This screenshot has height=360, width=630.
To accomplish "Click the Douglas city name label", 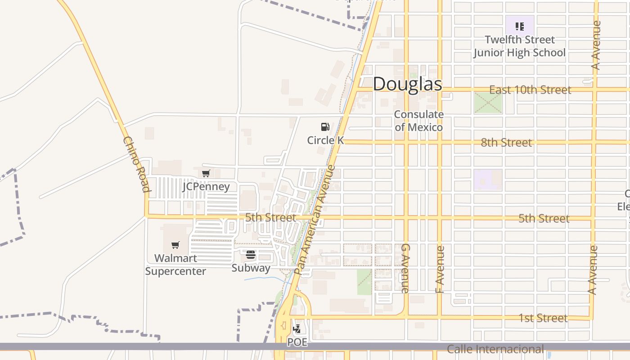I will [407, 84].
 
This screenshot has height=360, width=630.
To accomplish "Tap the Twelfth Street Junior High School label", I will [519, 46].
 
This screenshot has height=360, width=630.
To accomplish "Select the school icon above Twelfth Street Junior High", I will [520, 27].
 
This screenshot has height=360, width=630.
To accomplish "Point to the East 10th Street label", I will [530, 90].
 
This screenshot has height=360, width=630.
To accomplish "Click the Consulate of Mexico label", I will [418, 121].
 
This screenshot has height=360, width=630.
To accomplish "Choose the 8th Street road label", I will [506, 143].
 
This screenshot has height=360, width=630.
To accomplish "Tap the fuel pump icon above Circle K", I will [325, 127].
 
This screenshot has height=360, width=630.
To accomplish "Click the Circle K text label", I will [325, 140].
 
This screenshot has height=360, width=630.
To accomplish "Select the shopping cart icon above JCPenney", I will [206, 174].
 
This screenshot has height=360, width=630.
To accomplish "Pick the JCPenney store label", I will [206, 186].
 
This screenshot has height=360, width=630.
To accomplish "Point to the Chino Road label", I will [136, 164].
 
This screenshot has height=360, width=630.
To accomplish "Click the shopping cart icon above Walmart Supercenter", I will [175, 245].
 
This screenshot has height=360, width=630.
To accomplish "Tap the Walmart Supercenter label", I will [175, 265].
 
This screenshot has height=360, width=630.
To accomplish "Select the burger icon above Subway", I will [251, 255].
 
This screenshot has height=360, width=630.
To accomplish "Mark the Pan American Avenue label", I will [315, 220].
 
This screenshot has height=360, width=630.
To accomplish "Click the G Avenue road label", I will [405, 268].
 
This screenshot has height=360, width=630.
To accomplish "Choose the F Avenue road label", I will [440, 269].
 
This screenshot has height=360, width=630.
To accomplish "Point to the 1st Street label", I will [543, 318].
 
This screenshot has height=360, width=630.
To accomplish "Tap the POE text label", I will [297, 342].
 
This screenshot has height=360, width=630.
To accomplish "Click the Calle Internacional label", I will [495, 349].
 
